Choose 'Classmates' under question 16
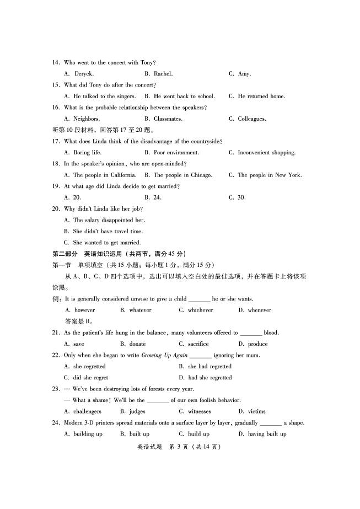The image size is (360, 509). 168,119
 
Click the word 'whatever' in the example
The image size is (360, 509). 140,310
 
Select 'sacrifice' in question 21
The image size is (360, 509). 198,344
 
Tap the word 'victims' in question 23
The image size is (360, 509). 256,411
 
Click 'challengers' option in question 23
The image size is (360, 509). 87,411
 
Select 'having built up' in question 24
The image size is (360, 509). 267,434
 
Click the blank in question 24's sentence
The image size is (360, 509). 270,424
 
